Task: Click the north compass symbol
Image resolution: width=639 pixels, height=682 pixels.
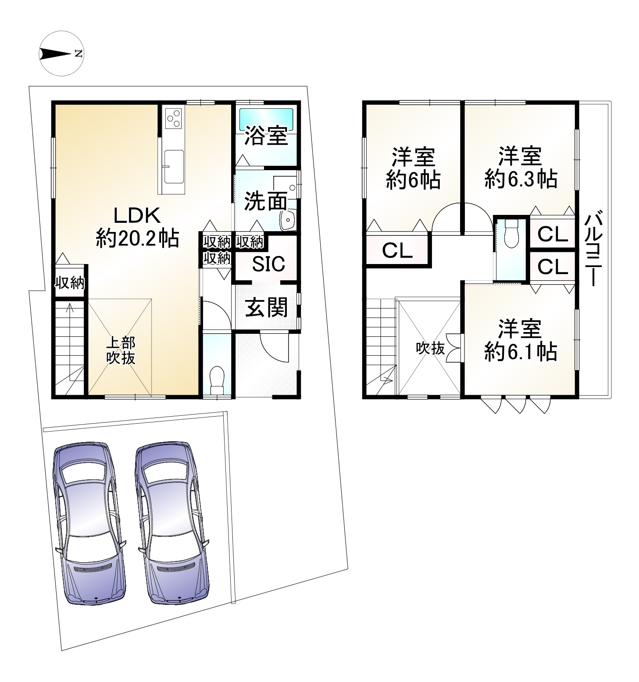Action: tap(61, 54)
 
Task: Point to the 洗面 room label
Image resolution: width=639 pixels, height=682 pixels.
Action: tap(265, 201)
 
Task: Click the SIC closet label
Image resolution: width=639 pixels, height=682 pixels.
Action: tap(268, 264)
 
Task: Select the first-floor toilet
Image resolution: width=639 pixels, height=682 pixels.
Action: tap(217, 380)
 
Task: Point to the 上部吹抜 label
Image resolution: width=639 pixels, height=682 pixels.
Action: tap(121, 350)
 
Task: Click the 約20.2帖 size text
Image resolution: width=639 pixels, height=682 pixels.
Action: tap(137, 239)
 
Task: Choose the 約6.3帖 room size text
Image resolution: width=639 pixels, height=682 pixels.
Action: tap(521, 179)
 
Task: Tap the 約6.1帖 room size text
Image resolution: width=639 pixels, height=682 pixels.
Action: tap(521, 352)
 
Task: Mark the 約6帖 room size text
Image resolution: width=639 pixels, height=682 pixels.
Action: tap(413, 180)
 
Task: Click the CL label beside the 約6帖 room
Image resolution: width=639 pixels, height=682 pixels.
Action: tap(397, 250)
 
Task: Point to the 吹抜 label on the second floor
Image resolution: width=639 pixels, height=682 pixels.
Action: tap(430, 348)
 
